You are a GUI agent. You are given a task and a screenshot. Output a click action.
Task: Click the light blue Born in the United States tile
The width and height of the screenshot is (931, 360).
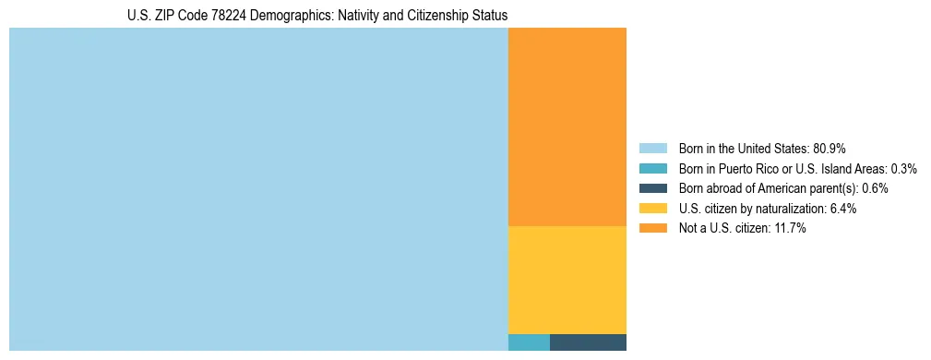(258, 189)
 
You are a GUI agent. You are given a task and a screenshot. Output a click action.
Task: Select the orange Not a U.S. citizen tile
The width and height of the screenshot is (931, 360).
(567, 126)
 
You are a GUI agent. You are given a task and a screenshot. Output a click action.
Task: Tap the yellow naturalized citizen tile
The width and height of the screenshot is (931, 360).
(567, 280)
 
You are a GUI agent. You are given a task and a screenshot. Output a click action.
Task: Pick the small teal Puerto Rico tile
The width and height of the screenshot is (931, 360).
(529, 342)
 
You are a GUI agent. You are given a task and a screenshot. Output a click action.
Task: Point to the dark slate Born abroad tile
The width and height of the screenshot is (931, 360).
(588, 342)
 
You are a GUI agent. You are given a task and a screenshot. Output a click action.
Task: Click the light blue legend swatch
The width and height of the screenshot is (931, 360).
(652, 149)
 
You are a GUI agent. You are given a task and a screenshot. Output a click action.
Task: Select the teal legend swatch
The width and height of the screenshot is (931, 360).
(652, 169)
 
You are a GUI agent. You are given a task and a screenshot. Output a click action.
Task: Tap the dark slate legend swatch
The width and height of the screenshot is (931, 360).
(652, 188)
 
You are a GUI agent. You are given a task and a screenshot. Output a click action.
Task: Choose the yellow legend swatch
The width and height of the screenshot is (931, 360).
(652, 209)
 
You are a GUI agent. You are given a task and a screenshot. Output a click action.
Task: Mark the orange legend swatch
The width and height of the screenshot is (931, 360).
(652, 228)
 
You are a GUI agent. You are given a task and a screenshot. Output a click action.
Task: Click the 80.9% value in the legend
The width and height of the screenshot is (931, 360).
(829, 149)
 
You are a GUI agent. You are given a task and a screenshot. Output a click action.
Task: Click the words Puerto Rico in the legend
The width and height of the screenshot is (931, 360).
(756, 169)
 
